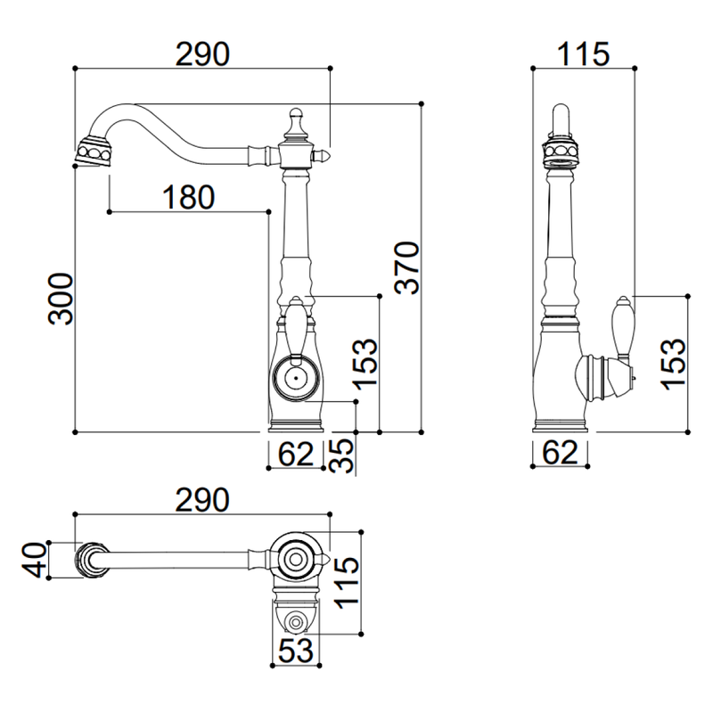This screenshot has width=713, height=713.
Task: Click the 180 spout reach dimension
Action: point(188,197)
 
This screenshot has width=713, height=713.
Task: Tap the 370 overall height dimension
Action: point(407,268)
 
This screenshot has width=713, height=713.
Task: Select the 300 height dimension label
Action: point(61,299)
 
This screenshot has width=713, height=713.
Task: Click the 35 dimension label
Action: point(341,455)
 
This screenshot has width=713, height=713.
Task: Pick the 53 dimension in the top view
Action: point(296,651)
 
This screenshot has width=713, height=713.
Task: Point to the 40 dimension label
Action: point(34,561)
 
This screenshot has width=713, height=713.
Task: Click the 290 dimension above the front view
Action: point(202,54)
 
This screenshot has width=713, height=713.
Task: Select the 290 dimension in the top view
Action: point(202,500)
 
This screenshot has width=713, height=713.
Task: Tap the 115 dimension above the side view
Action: point(583,54)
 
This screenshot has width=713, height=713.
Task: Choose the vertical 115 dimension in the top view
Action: point(347,583)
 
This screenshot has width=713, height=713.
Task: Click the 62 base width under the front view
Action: point(296,454)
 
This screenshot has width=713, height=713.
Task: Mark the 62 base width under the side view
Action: point(561,452)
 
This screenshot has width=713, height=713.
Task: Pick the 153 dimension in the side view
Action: point(673,364)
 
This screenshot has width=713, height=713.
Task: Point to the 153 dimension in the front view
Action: point(365,364)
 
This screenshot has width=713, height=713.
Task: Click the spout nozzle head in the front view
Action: point(93,152)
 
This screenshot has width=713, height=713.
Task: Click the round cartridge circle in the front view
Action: point(295,378)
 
